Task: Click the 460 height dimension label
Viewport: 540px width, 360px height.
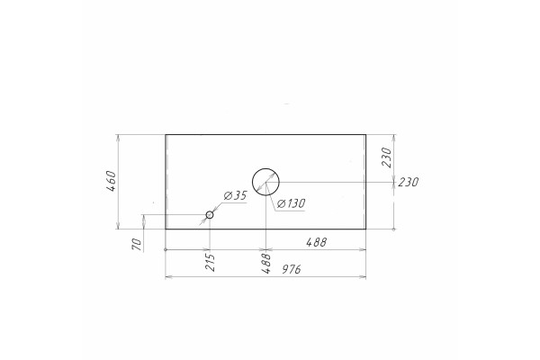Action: click(112, 181)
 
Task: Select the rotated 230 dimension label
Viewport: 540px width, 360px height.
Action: click(386, 157)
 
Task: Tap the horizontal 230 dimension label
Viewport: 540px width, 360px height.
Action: click(409, 182)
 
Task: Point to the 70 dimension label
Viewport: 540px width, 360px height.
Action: click(137, 244)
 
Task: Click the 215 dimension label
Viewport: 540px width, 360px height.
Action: click(211, 263)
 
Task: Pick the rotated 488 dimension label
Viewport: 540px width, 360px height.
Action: click(266, 263)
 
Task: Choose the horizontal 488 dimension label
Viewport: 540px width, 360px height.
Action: click(316, 242)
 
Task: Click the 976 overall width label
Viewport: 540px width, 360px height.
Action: click(292, 269)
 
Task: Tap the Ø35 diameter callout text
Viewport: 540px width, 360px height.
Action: click(236, 195)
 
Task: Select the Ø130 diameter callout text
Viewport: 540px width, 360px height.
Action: click(292, 203)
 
